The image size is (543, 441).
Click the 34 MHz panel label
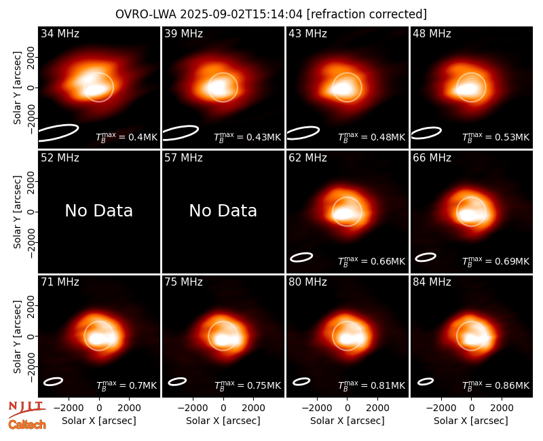pos(60,33)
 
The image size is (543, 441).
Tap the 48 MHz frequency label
pos(432,33)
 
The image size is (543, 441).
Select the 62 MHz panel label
pos(307,158)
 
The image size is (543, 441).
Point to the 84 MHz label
pos(432,282)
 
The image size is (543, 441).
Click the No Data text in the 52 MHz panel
pos(99,210)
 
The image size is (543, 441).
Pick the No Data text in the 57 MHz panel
pos(223,210)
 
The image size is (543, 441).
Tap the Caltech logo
pos(27,425)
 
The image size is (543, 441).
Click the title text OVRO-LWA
pos(146,14)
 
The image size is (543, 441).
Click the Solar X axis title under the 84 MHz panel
pos(471,421)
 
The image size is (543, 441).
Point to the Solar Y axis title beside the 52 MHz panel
pos(17,212)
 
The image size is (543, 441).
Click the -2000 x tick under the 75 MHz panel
pos(193,408)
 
